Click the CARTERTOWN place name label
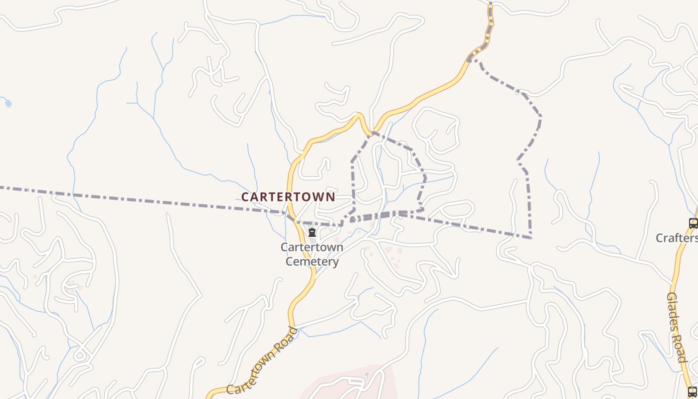pos(288,197)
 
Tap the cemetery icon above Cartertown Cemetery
pos(312,232)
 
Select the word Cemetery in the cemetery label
pos(312,261)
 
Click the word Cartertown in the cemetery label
pos(312,247)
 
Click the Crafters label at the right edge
pos(676,238)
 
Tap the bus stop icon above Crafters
pos(693,223)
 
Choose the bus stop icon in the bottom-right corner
pos(693,392)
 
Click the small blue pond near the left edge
pos(7,104)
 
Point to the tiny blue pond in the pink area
pos(367,375)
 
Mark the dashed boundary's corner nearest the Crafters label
pos(531,237)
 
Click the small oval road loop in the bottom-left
pos(80,355)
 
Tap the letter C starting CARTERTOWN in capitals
pos(245,197)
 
